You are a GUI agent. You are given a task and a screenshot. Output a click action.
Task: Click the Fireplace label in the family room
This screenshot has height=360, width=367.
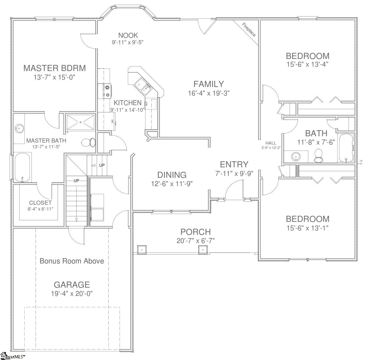click(249, 30)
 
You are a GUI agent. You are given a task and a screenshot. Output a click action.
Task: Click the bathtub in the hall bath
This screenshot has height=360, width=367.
click(346, 148)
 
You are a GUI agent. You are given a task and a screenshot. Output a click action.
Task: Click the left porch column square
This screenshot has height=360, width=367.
click(142, 250)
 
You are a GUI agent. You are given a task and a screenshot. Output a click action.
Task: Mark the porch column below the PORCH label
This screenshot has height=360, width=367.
click(203, 250)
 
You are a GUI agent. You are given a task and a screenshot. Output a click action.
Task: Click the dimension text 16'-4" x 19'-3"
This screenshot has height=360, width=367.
click(209, 93)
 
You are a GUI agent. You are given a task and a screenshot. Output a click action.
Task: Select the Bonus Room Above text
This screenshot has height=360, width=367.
click(72, 261)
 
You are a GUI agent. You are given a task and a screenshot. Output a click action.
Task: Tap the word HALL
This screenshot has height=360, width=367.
click(271, 143)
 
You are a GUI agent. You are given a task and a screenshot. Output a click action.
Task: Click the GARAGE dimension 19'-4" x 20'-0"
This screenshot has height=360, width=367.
click(72, 294)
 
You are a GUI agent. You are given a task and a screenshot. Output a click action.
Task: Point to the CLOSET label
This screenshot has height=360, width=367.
click(40, 203)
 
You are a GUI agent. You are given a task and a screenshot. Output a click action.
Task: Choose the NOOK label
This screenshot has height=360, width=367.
click(128, 35)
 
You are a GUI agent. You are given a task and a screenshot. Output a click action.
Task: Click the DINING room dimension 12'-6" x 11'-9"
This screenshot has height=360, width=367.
click(172, 184)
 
